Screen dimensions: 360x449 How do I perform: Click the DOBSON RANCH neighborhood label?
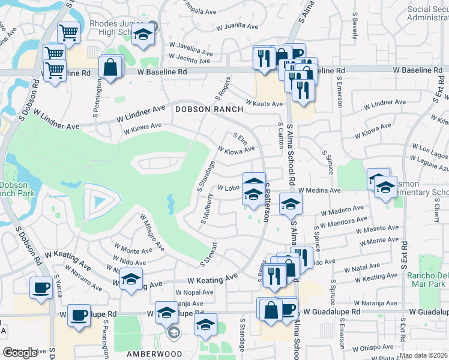tap(209, 109)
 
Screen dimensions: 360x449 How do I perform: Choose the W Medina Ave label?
tap(323, 190)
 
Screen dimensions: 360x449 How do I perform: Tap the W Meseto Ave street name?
tap(378, 229)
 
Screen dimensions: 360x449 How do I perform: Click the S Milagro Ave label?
tap(152, 233)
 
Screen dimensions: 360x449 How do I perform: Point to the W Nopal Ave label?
tap(194, 293)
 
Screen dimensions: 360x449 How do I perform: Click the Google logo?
tap(20, 353)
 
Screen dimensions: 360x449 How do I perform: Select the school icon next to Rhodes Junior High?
tap(143, 35)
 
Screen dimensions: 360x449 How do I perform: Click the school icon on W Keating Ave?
tap(130, 280)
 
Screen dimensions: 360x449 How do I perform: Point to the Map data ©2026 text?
tap(424, 355)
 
